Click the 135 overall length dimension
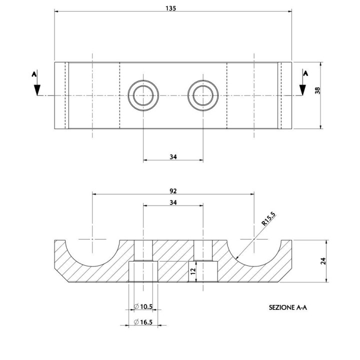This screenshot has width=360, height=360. point(170,8)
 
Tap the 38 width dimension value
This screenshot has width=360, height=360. point(317,90)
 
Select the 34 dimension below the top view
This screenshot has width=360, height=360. point(173,157)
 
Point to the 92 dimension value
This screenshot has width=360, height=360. point(173,191)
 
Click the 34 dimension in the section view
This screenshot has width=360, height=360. point(173,202)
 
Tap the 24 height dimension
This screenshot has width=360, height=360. point(323,261)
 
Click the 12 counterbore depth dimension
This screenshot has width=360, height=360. point(193,271)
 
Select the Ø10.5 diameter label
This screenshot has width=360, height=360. point(143,306)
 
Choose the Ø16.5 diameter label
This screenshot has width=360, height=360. point(143,322)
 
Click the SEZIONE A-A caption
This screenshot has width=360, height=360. point(287,307)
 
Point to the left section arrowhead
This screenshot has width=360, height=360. point(37,90)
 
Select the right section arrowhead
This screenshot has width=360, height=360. point(302,90)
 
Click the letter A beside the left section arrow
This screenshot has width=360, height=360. point(34,74)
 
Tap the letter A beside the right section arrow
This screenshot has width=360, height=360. point(305,73)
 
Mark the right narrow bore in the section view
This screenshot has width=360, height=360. point(203,250)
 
